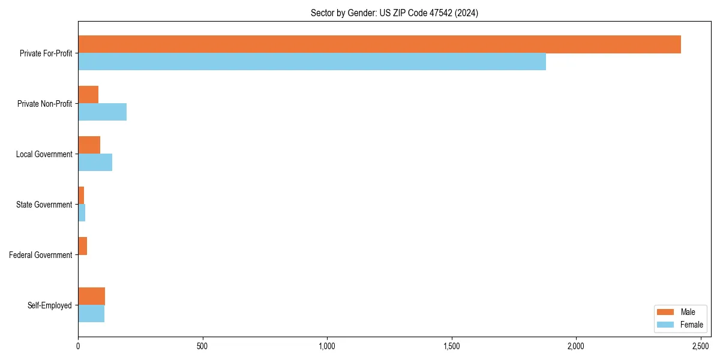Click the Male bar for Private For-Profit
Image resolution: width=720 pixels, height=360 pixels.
(x=379, y=44)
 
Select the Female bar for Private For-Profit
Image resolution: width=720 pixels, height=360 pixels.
(x=312, y=62)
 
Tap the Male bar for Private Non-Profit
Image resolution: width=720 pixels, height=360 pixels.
(x=88, y=95)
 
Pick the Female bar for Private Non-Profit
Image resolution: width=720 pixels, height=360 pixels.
(x=102, y=112)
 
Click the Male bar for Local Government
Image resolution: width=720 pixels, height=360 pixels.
(x=89, y=145)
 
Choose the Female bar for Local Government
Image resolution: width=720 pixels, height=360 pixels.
(x=95, y=163)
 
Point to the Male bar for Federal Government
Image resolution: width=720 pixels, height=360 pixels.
(x=82, y=246)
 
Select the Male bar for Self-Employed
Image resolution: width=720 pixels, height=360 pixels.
(x=91, y=296)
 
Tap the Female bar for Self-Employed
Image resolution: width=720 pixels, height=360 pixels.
(x=91, y=314)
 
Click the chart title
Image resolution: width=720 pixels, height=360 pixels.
(x=394, y=13)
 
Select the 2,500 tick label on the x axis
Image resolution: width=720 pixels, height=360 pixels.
(x=701, y=346)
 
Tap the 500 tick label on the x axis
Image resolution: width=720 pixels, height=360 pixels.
(x=202, y=346)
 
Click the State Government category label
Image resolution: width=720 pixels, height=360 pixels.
(x=44, y=205)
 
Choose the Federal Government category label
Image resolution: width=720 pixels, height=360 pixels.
(x=41, y=255)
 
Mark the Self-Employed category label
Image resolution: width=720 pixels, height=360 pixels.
(x=49, y=305)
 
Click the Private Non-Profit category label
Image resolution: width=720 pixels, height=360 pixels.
(x=44, y=104)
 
